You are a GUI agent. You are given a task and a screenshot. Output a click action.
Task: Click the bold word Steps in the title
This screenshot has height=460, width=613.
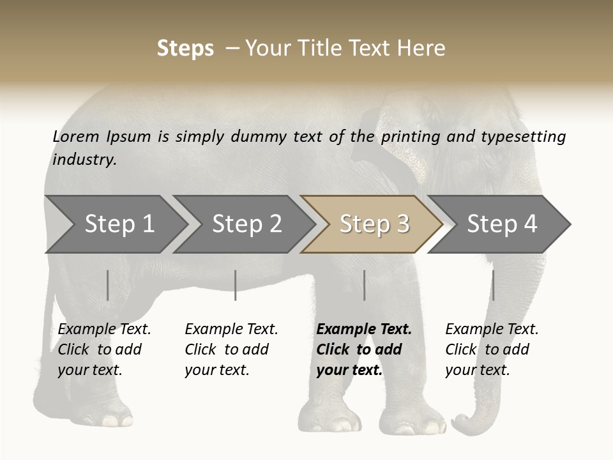(185, 49)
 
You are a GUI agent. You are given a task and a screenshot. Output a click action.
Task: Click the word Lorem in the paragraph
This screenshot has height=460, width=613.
(75, 136)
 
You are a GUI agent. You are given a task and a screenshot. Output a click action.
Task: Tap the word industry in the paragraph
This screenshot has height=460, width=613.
(84, 159)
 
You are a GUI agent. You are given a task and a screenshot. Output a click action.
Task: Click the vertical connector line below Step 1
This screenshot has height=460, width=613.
(108, 285)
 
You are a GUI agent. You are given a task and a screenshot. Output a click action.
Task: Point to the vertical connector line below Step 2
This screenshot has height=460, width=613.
(236, 285)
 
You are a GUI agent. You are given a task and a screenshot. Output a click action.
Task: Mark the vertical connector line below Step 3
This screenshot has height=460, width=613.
(364, 285)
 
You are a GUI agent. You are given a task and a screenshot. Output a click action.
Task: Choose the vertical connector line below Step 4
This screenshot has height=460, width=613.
(493, 285)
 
